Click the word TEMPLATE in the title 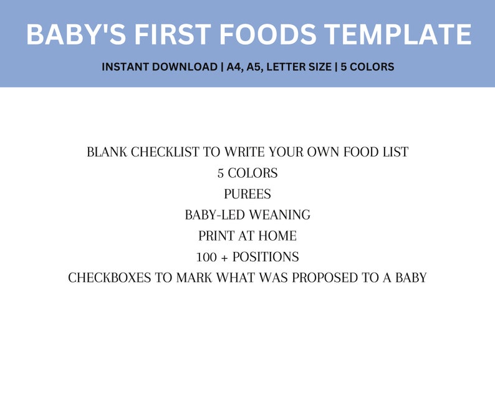pyautogui.click(x=396, y=34)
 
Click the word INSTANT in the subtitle pyautogui.click(x=125, y=67)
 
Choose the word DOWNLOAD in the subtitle pyautogui.click(x=185, y=67)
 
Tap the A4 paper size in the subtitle pyautogui.click(x=236, y=67)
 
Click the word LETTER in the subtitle pyautogui.click(x=291, y=67)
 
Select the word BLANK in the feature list pyautogui.click(x=107, y=152)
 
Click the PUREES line pyautogui.click(x=247, y=194)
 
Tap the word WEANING pyautogui.click(x=279, y=215)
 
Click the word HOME pyautogui.click(x=279, y=236)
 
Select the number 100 pyautogui.click(x=206, y=257)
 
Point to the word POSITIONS pyautogui.click(x=266, y=257)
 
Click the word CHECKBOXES pyautogui.click(x=110, y=278)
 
